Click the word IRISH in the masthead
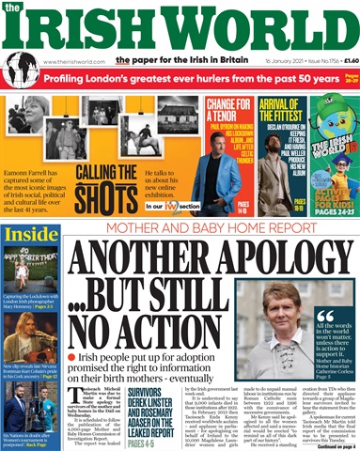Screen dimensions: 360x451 90,25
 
